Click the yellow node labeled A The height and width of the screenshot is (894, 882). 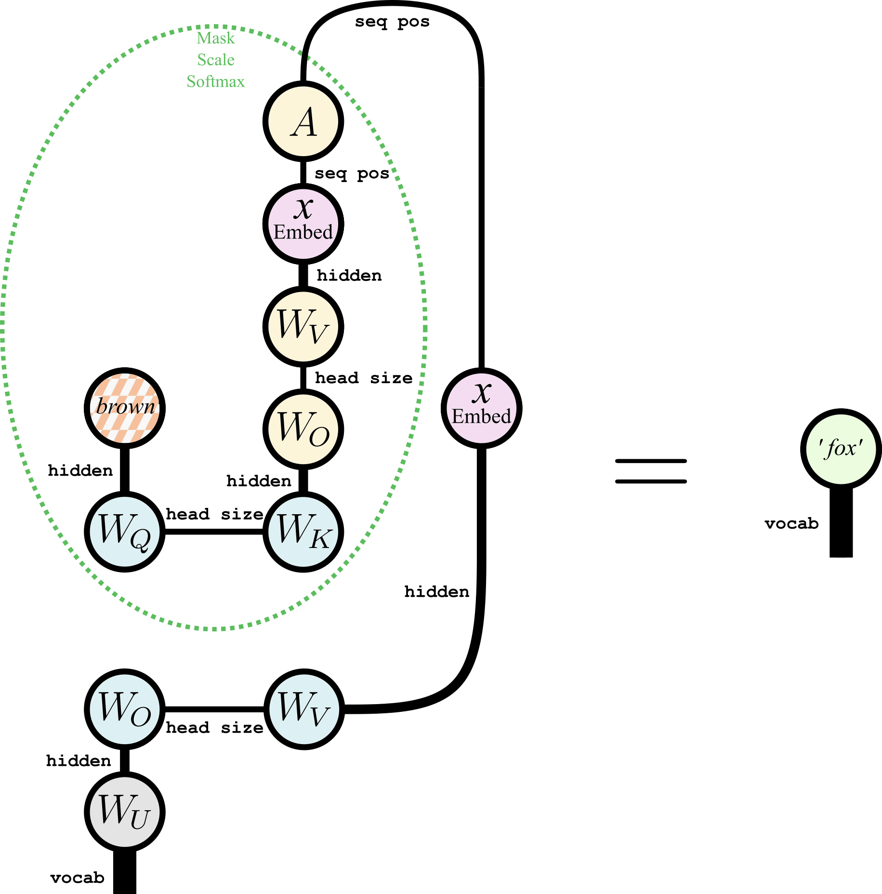[303, 121]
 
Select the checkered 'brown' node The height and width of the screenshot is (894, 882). [125, 408]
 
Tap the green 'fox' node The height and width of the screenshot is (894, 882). [841, 449]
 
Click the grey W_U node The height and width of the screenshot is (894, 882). [125, 812]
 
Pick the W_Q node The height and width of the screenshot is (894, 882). [125, 532]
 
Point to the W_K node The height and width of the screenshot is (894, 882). [303, 532]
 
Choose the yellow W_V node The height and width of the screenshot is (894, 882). [303, 326]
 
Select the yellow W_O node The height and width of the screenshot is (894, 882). [303, 429]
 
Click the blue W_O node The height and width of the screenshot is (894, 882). [125, 709]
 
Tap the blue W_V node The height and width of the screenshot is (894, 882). [304, 709]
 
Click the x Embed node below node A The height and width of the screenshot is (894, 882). [303, 224]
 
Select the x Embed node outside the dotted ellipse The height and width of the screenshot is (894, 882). [481, 408]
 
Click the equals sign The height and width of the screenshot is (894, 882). [651, 471]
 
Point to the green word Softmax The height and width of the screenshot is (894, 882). [216, 81]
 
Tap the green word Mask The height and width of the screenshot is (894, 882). [216, 38]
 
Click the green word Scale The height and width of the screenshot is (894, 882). [216, 60]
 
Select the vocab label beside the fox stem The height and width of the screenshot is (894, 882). [791, 523]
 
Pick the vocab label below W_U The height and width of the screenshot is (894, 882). [77, 878]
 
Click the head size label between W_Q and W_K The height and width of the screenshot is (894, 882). [214, 514]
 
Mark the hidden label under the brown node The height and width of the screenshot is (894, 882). [80, 470]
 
